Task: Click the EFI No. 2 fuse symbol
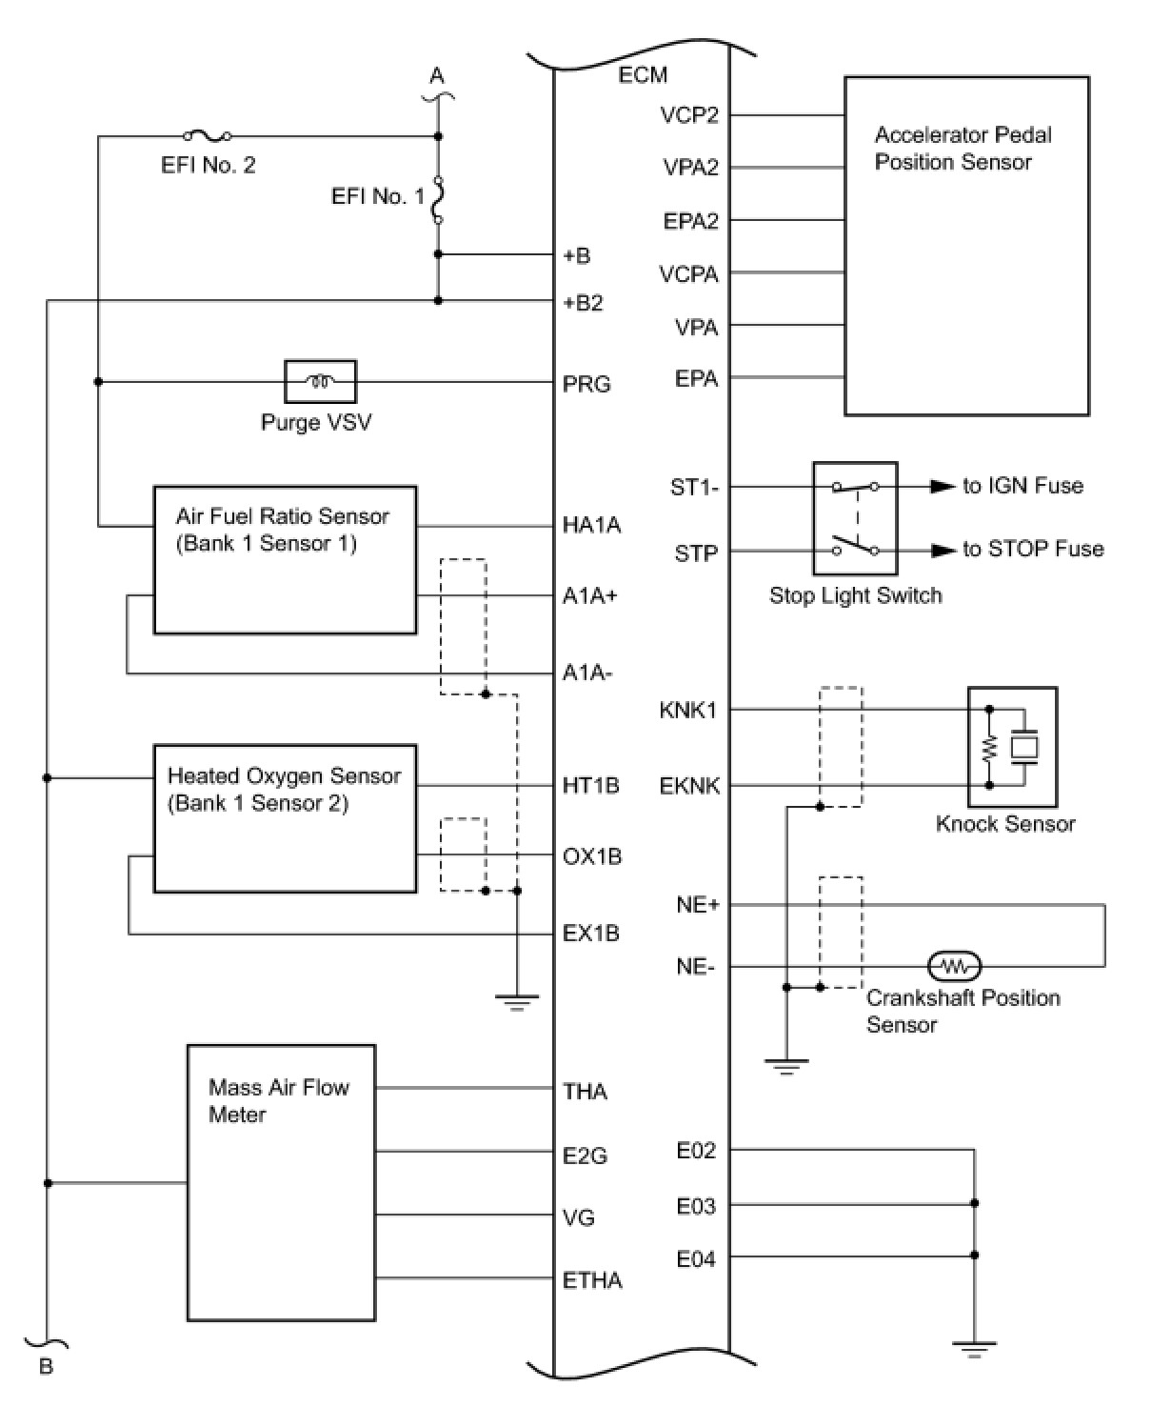click(x=208, y=136)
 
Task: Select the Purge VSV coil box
click(x=320, y=381)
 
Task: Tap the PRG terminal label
click(x=586, y=384)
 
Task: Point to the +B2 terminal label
click(x=583, y=303)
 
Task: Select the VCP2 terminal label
click(x=689, y=115)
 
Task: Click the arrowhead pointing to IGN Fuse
click(x=942, y=486)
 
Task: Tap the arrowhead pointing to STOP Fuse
click(x=942, y=550)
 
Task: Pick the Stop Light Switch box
click(x=854, y=518)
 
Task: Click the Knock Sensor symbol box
click(x=1011, y=747)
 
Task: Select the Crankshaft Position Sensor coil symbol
click(x=953, y=967)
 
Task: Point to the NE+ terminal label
click(x=698, y=905)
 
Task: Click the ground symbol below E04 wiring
click(x=974, y=1349)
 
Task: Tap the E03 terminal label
click(x=696, y=1206)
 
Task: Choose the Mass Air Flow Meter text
click(x=278, y=1100)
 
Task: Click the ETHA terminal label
click(x=592, y=1280)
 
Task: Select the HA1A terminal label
click(x=591, y=525)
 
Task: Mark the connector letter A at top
click(x=437, y=76)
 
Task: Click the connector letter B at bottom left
click(x=46, y=1367)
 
